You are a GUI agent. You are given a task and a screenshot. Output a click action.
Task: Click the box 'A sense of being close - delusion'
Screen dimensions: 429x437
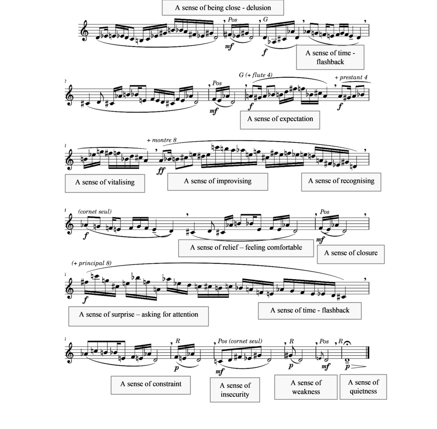[223, 8]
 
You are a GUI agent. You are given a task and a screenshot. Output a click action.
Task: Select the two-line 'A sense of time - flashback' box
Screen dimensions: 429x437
[330, 57]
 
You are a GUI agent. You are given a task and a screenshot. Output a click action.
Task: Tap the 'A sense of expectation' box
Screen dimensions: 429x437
[280, 120]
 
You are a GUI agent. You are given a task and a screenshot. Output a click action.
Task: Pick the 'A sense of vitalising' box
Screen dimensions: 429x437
[105, 183]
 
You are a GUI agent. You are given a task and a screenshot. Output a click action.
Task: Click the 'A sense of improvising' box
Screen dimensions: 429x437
[217, 182]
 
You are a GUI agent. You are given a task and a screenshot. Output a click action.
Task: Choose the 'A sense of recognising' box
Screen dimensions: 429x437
[341, 182]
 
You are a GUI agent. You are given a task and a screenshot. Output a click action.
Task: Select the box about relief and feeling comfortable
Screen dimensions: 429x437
[246, 248]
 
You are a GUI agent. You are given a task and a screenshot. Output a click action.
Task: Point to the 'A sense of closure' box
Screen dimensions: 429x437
[351, 254]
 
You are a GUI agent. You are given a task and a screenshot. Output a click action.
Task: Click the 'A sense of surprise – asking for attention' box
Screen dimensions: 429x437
[138, 316]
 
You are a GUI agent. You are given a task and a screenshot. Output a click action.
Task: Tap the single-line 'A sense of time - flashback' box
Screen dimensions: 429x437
[310, 311]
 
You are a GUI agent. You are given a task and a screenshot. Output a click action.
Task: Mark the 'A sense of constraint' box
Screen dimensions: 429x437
[150, 385]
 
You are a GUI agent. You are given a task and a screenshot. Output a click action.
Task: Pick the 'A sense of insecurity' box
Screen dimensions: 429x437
[235, 390]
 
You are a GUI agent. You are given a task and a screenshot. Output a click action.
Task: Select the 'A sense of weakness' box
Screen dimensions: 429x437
[306, 387]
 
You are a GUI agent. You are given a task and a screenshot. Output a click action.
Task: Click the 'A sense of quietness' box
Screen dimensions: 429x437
[363, 387]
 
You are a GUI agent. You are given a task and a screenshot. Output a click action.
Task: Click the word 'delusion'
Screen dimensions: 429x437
[258, 8]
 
